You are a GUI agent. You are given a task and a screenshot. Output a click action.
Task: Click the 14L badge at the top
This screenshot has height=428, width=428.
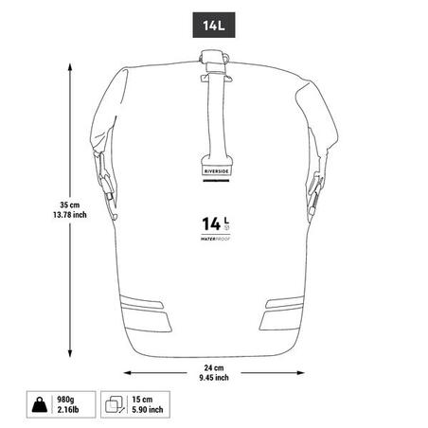[214, 25]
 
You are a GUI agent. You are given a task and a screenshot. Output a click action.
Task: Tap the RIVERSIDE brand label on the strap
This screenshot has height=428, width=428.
[216, 171]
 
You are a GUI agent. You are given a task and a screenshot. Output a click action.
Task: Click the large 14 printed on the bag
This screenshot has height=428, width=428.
[211, 223]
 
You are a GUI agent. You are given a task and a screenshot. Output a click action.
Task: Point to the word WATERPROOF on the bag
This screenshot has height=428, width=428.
[216, 239]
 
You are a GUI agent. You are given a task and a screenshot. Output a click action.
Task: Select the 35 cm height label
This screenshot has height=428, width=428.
[70, 205]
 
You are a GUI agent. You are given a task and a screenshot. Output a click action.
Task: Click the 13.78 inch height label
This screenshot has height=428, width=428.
[70, 215]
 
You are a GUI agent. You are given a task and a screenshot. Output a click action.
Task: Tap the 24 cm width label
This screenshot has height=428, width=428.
[214, 367]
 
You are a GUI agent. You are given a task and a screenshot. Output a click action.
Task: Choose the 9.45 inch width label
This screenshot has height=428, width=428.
[214, 378]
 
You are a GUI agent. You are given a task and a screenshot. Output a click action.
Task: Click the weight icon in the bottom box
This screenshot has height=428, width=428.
[40, 404]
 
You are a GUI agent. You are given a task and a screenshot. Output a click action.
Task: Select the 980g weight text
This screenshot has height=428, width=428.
[65, 400]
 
